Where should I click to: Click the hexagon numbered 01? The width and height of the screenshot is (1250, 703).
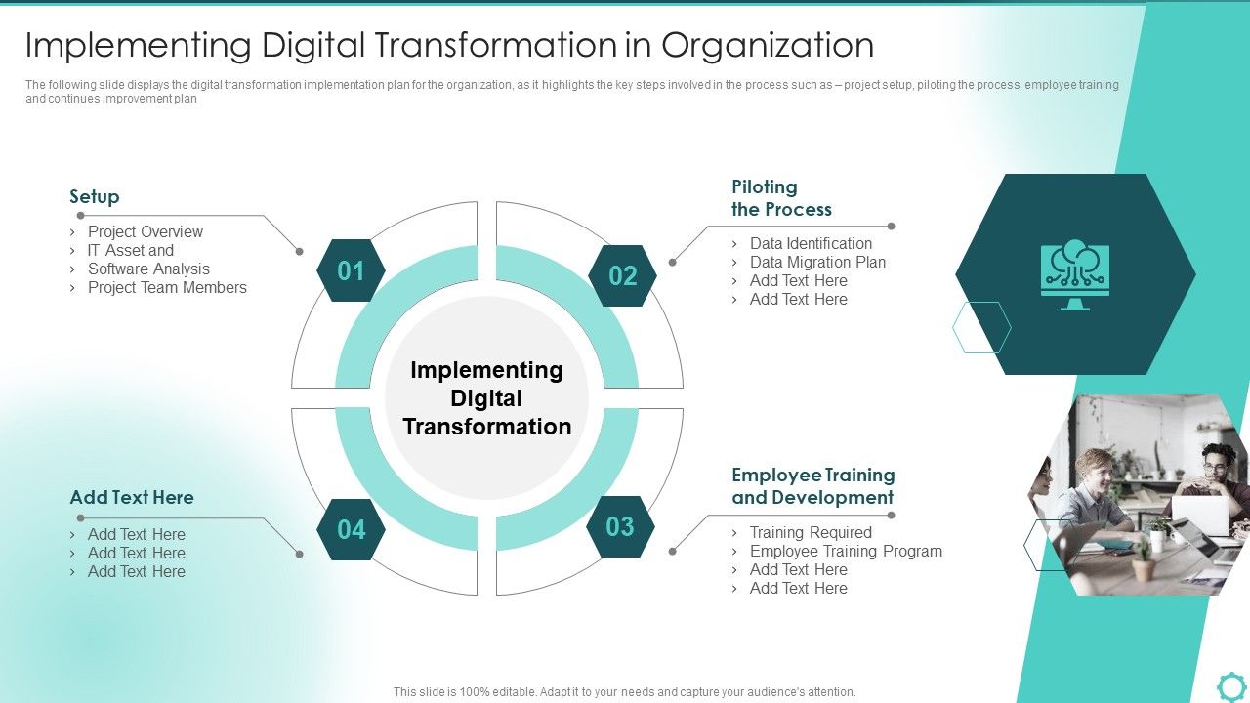(x=351, y=270)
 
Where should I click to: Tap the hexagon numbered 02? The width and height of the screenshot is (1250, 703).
(x=622, y=276)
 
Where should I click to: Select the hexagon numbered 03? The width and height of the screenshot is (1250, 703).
(x=620, y=527)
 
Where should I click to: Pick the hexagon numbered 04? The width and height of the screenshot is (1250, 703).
(x=351, y=529)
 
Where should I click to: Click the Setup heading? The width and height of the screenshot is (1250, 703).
(x=95, y=197)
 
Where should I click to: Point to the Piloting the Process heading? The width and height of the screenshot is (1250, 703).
(x=781, y=198)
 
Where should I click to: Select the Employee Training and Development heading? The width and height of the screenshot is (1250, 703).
(x=812, y=486)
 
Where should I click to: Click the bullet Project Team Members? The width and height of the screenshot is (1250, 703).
(x=167, y=288)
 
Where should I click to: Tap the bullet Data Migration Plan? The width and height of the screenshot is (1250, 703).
(x=817, y=263)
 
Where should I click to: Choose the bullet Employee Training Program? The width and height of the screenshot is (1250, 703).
(x=846, y=552)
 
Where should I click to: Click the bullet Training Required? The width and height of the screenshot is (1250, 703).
(x=811, y=533)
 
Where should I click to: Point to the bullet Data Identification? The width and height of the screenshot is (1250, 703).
(x=811, y=244)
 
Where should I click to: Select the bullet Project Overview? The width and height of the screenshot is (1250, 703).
(x=146, y=232)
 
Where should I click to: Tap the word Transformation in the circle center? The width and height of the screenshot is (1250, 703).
(x=487, y=427)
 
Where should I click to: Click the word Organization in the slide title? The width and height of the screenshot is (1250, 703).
(x=767, y=46)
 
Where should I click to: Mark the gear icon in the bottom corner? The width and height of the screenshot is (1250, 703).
(x=1231, y=685)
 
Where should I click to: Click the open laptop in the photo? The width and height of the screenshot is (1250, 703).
(x=1199, y=517)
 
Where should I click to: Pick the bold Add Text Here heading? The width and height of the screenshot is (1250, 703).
(x=132, y=498)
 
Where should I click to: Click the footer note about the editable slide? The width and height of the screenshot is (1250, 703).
(x=625, y=692)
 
